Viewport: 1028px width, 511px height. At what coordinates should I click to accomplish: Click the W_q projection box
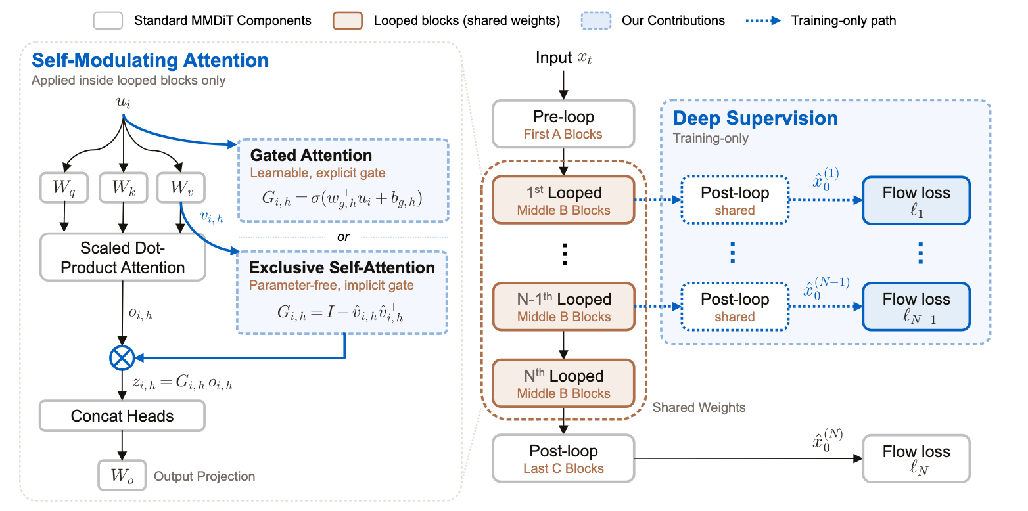64,188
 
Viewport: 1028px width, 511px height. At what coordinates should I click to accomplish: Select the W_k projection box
124,188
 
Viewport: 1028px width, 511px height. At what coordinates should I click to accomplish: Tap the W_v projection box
181,188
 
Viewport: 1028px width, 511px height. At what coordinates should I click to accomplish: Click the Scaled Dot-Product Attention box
122,257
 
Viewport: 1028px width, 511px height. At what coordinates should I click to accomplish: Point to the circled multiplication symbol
122,358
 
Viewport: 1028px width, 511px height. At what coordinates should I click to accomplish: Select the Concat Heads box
122,416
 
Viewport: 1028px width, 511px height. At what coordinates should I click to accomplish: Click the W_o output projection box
122,476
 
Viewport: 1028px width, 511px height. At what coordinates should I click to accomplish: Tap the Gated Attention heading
311,156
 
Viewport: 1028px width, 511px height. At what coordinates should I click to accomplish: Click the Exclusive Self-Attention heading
342,267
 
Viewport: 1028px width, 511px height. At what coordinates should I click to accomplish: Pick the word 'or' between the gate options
343,237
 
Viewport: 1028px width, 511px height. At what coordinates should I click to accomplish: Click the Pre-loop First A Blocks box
563,124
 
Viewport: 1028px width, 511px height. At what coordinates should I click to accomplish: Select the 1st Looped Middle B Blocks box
563,200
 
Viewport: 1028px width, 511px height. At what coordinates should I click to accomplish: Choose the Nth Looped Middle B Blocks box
563,384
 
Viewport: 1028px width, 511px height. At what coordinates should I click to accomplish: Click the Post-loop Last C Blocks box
563,458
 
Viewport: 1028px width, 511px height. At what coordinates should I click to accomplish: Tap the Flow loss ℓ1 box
916,200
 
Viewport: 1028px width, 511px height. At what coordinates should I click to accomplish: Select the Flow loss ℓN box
916,458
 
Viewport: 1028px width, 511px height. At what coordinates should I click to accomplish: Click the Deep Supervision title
755,118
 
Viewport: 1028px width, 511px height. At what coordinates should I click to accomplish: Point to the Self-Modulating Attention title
150,60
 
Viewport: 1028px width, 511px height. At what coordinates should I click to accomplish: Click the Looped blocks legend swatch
348,20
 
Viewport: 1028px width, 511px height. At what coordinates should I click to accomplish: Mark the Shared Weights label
699,407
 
